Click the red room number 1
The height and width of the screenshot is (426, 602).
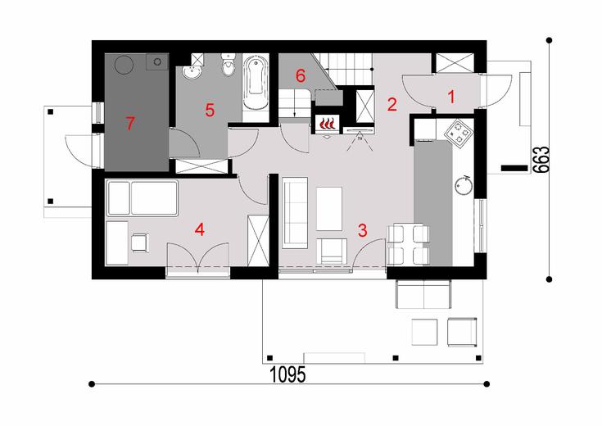(450, 96)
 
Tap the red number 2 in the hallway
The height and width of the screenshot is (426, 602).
(392, 104)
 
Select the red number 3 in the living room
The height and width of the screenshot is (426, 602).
(362, 229)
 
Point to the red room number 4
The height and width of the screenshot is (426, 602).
(199, 229)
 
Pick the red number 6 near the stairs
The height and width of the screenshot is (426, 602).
(300, 75)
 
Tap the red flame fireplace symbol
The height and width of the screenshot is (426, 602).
(327, 124)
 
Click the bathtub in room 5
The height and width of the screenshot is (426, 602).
(256, 85)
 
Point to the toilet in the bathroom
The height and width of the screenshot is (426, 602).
(228, 71)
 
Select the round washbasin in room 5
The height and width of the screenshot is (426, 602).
(193, 75)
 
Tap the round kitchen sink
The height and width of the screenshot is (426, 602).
(464, 185)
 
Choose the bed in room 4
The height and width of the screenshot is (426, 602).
(143, 198)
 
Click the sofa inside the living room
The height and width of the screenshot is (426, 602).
(294, 214)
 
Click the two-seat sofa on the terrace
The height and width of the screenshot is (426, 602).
(423, 290)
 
